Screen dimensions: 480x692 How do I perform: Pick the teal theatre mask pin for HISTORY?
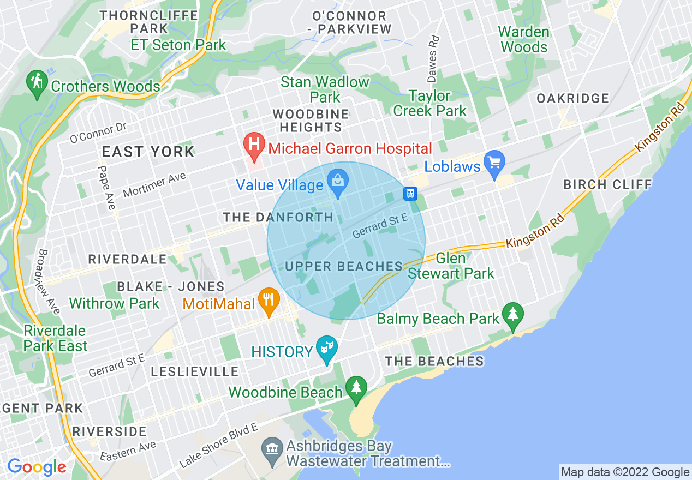[x=327, y=350]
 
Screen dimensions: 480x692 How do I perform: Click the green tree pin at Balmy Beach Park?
[x=512, y=316]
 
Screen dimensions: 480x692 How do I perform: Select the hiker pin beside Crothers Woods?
[x=37, y=83]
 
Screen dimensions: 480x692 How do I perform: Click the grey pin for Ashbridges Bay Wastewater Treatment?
[x=271, y=451]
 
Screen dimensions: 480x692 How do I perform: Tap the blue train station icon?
[x=410, y=193]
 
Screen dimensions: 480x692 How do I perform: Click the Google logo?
[x=37, y=467]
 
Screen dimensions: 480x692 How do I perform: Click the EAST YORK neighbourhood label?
[x=148, y=152]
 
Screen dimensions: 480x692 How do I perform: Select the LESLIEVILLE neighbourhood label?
[x=195, y=372]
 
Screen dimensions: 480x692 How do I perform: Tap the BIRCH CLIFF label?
[x=607, y=184]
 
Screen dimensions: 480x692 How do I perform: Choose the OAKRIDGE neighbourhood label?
[x=572, y=99]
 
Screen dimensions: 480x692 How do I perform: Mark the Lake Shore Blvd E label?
[x=218, y=445]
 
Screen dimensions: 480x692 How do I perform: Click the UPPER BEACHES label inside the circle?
[x=344, y=266]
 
